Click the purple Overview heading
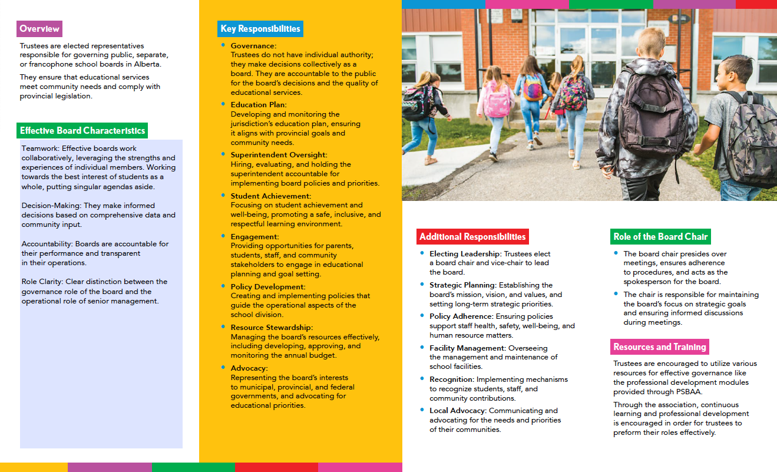click(x=39, y=29)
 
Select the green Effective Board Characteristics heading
click(x=82, y=131)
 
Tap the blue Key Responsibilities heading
click(x=260, y=29)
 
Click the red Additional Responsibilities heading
click(x=472, y=237)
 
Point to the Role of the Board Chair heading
click(x=660, y=237)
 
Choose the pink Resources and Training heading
click(x=659, y=346)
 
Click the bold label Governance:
click(x=253, y=46)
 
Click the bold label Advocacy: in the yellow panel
click(x=249, y=368)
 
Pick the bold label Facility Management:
click(x=468, y=348)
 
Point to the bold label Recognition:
click(x=452, y=379)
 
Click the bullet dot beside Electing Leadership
click(x=422, y=253)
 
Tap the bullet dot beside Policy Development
click(x=223, y=286)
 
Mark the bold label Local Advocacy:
click(x=458, y=411)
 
